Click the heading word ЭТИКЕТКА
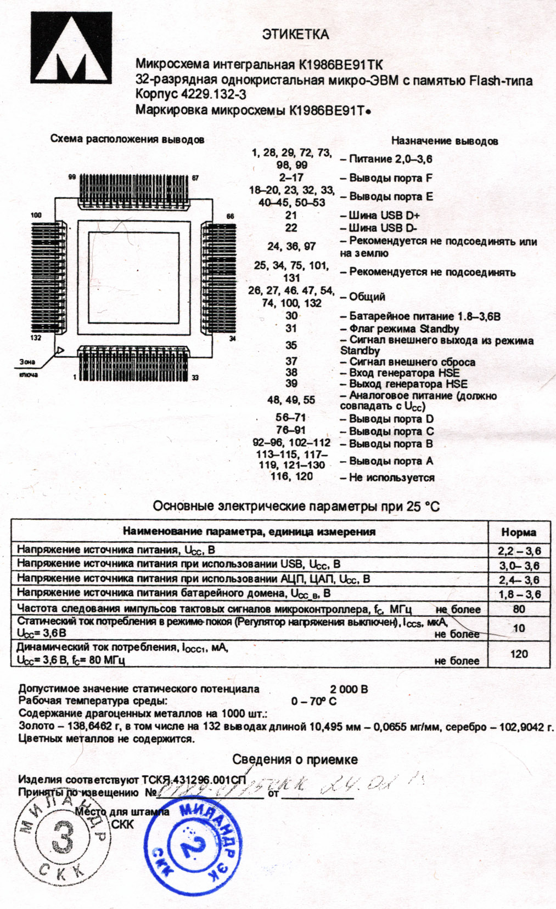point(295,35)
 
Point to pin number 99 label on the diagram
point(72,177)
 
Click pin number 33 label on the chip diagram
point(195,377)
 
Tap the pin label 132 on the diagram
point(36,338)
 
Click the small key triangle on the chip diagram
point(60,350)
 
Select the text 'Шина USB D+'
point(384,215)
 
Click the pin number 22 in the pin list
point(291,228)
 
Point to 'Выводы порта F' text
point(390,178)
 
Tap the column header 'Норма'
point(519,532)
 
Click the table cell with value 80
point(519,609)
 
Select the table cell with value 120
point(519,654)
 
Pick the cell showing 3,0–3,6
point(519,565)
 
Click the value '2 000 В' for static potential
point(349,689)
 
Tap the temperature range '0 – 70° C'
point(314,701)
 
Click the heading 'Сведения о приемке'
point(295,759)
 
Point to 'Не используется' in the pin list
point(391,478)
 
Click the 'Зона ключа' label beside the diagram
point(27,368)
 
